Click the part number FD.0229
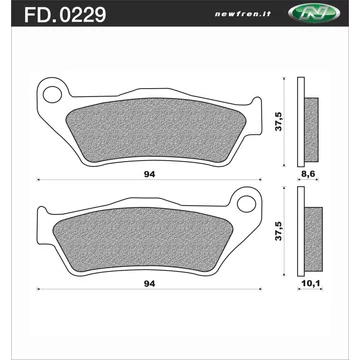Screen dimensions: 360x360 pos(65,14)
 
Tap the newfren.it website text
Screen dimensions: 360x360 pos(243,15)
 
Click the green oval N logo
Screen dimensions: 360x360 pos(313,14)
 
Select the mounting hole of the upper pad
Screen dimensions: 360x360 pos(52,94)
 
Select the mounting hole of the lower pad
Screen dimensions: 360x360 pos(246,204)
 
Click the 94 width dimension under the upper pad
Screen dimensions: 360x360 pos(150,175)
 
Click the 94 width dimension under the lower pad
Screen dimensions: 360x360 pos(150,284)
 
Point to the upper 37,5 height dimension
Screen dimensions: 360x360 pos(278,121)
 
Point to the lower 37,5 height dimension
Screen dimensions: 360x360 pos(278,231)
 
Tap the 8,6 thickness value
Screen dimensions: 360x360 pos(308,174)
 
